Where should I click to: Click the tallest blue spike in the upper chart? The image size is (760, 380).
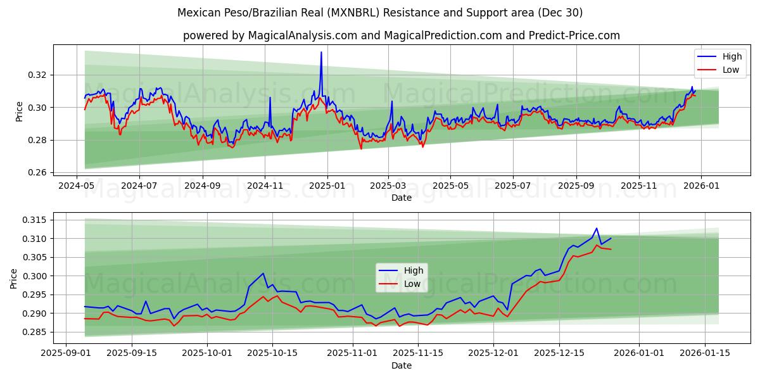pos(321,52)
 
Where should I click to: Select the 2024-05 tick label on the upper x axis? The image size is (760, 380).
pos(77,186)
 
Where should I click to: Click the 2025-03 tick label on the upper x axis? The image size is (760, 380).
pos(388,186)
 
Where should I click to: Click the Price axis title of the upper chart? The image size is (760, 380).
pos(20,111)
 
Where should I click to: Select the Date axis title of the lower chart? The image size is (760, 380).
pos(402,365)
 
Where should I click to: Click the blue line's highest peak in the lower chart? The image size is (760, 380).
pos(596,228)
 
